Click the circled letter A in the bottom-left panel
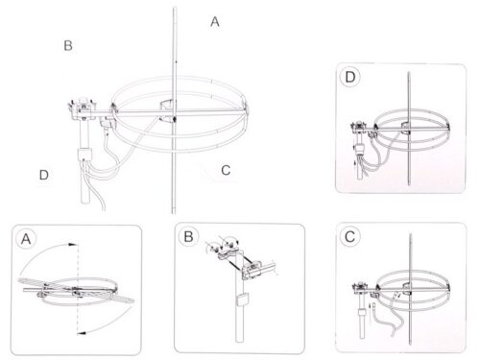point(26,239)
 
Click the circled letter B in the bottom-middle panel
point(188,237)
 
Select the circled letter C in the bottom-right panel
point(349,237)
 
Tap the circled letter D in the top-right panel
point(350,77)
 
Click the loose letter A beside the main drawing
point(215,22)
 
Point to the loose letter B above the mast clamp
point(68,45)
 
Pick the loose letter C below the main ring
point(226,170)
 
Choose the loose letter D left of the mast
point(44,175)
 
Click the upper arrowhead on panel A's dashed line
point(73,245)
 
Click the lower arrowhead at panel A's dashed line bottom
point(82,333)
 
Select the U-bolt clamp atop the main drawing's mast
point(84,108)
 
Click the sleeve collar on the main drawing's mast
point(84,154)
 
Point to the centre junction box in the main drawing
point(167,110)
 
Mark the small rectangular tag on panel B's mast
point(242,300)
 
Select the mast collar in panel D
point(360,149)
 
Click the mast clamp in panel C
point(361,287)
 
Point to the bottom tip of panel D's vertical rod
point(409,184)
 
